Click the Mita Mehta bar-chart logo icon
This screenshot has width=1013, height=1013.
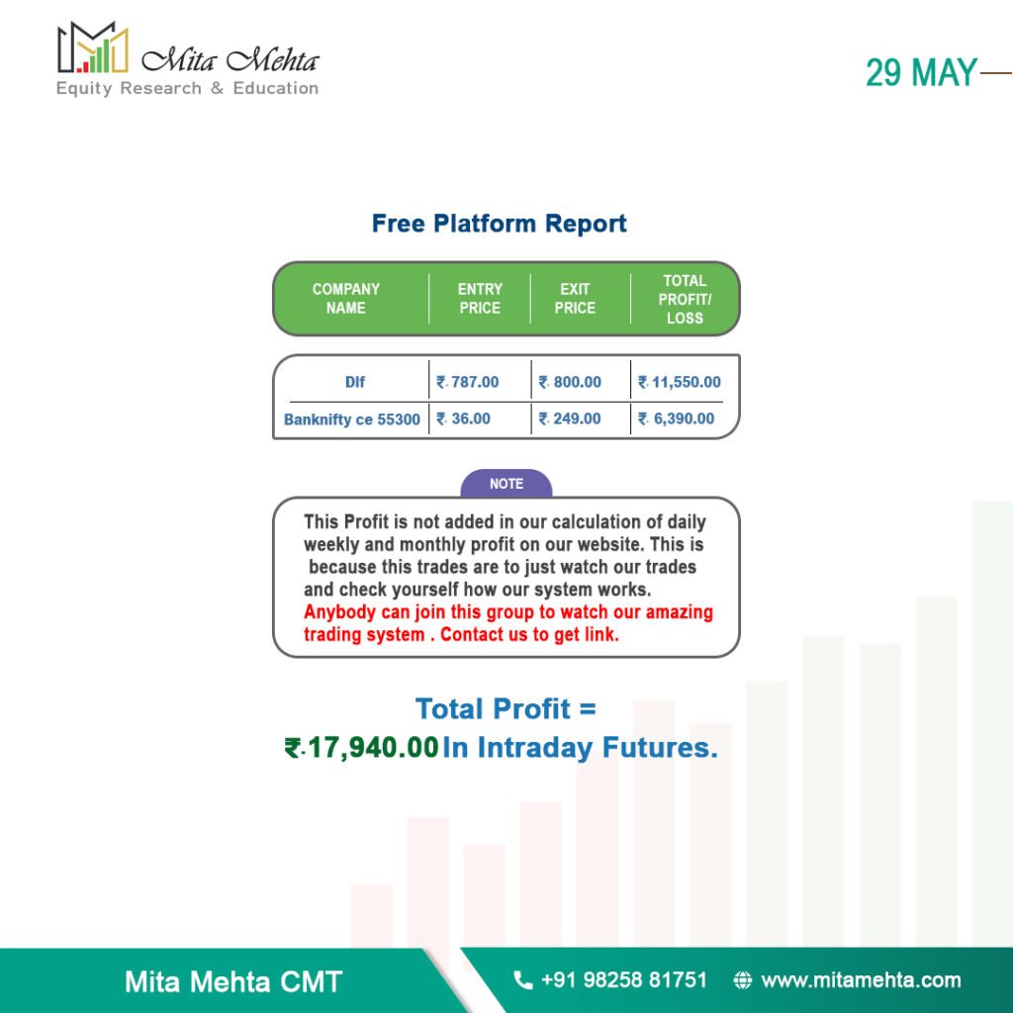[92, 47]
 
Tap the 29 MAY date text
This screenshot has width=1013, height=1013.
[921, 72]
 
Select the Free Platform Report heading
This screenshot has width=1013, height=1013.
[499, 224]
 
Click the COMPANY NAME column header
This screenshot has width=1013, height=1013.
[345, 299]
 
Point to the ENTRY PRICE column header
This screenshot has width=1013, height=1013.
[480, 299]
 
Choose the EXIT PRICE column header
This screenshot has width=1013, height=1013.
[575, 299]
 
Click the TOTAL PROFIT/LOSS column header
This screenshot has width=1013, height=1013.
[685, 299]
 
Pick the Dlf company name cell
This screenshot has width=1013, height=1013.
[355, 382]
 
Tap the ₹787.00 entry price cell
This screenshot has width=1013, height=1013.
[468, 382]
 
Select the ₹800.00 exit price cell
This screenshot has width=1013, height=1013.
[570, 382]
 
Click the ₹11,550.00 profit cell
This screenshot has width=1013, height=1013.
[680, 382]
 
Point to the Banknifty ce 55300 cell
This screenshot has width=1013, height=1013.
[352, 419]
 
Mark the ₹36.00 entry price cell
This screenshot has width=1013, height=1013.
[463, 418]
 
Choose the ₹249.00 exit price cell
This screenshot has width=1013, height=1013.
[570, 418]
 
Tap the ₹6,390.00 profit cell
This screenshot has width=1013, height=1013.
[677, 418]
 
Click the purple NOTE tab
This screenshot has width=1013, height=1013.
[506, 483]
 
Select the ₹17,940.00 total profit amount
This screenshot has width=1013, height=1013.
[362, 748]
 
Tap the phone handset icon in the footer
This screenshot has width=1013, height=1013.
[522, 980]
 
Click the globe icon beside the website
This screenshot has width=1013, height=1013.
[743, 980]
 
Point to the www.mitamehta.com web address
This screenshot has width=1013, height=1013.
[862, 980]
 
